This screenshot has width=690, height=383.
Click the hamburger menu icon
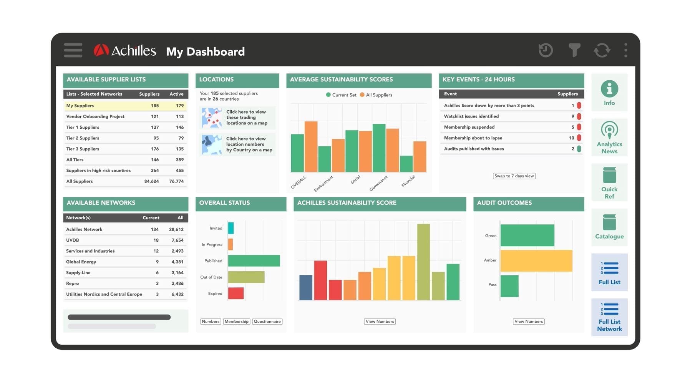pyautogui.click(x=73, y=50)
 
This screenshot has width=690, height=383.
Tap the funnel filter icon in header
pyautogui.click(x=574, y=50)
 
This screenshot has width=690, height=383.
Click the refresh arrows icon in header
pyautogui.click(x=602, y=50)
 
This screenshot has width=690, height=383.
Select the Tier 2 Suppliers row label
pyautogui.click(x=83, y=138)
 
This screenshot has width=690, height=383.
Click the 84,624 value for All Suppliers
pyautogui.click(x=151, y=181)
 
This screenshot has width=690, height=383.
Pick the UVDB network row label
pyautogui.click(x=73, y=240)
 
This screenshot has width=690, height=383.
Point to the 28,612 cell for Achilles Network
pyautogui.click(x=176, y=230)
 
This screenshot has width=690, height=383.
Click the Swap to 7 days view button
pyautogui.click(x=514, y=176)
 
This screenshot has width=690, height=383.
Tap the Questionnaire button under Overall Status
pyautogui.click(x=267, y=322)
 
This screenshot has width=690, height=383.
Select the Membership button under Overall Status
pyautogui.click(x=236, y=322)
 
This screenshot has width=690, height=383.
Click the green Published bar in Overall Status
pyautogui.click(x=254, y=261)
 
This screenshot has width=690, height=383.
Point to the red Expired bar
pyautogui.click(x=236, y=293)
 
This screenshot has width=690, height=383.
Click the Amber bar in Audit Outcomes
pyautogui.click(x=536, y=260)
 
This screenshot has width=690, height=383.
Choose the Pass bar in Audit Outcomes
pyautogui.click(x=509, y=286)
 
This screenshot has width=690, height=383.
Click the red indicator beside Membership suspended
pyautogui.click(x=579, y=127)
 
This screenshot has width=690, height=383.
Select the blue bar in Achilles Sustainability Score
pyautogui.click(x=306, y=287)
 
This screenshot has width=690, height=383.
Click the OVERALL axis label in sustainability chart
pyautogui.click(x=299, y=182)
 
